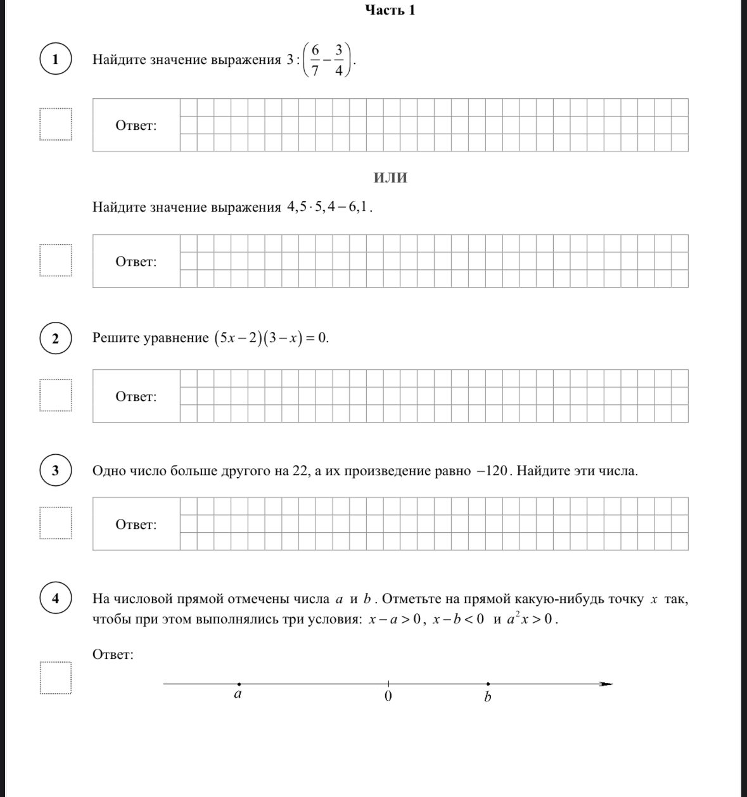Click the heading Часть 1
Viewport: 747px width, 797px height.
[x=390, y=10]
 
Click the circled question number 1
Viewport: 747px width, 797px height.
[x=55, y=60]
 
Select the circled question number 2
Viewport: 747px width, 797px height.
[x=55, y=338]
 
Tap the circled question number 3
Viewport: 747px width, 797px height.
[x=55, y=471]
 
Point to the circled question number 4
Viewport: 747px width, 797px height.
[x=55, y=599]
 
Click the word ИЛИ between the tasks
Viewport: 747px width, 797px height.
[x=390, y=178]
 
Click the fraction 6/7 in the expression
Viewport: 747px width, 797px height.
[x=315, y=60]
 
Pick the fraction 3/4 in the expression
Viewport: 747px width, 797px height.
[x=339, y=60]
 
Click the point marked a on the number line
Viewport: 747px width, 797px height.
[x=239, y=684]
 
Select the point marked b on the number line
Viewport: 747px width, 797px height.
[x=487, y=684]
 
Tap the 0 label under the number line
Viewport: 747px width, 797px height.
[x=388, y=696]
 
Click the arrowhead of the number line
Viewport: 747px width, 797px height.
[x=606, y=684]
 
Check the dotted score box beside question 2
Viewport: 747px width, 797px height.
[x=55, y=395]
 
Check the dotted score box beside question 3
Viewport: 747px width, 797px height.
[x=55, y=523]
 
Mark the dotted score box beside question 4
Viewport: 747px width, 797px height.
[x=55, y=678]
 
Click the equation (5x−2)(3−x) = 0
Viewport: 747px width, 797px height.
[x=271, y=338]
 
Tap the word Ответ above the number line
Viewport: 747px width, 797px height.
[x=113, y=654]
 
